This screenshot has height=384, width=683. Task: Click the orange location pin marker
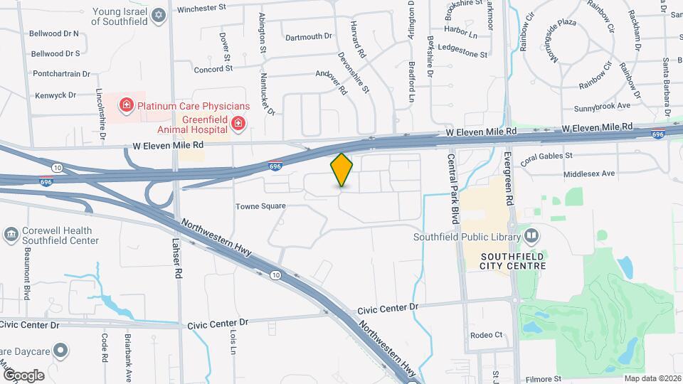tap(341, 170)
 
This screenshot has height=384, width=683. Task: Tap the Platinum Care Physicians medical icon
tap(127, 106)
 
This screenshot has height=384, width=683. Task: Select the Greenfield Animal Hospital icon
tap(239, 126)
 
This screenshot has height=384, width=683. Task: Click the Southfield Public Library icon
tap(531, 237)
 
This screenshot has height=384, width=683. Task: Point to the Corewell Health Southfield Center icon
tap(11, 235)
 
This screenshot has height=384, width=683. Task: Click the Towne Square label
tap(260, 206)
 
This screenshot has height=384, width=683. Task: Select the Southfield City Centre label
tap(513, 260)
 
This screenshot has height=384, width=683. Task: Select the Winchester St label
tap(201, 9)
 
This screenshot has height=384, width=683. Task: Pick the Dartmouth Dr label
tap(308, 36)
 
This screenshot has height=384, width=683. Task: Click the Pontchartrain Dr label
tap(61, 73)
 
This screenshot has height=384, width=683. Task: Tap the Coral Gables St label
tap(546, 156)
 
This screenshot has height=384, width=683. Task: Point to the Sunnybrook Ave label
tap(603, 106)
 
